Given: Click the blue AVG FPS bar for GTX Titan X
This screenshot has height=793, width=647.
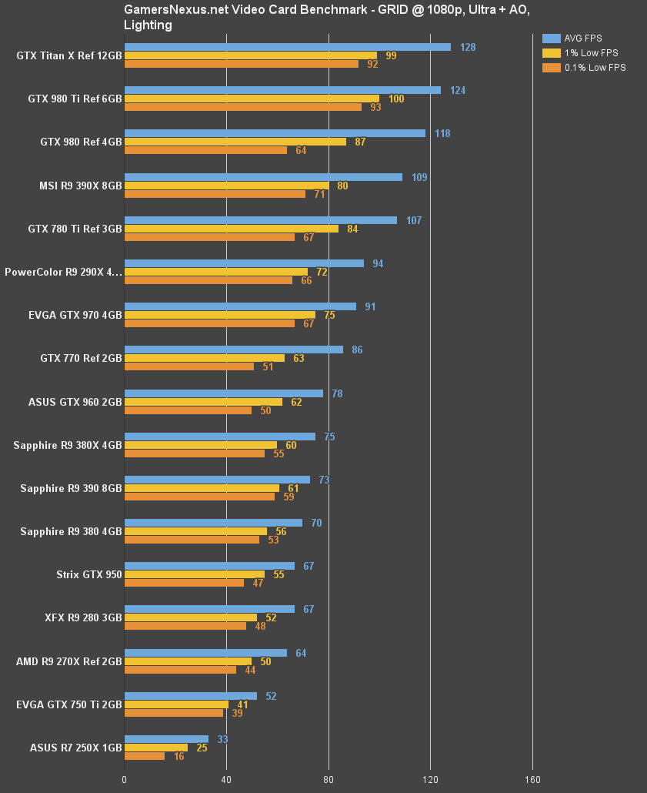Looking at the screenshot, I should (x=287, y=47).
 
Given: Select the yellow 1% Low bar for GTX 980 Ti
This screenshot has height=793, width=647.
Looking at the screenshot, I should (x=252, y=99).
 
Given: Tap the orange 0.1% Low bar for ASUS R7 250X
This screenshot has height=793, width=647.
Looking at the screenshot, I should (x=145, y=756).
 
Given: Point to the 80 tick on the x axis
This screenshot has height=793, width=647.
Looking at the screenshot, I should (x=329, y=778).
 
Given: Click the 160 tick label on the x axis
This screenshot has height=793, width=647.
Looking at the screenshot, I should (x=532, y=778).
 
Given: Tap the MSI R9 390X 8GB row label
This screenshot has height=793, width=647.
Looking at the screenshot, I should (x=80, y=186).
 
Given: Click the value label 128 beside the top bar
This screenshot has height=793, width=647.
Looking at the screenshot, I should (x=468, y=47).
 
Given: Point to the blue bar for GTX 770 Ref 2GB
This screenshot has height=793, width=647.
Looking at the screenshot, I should (x=233, y=350).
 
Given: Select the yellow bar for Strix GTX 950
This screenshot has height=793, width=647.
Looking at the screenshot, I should (x=194, y=574).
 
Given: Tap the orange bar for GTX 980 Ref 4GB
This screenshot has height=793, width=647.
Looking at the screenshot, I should (x=205, y=150).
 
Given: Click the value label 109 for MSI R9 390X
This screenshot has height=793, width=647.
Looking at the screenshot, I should (x=419, y=177).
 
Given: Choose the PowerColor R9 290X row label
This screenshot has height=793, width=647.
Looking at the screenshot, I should (x=63, y=272).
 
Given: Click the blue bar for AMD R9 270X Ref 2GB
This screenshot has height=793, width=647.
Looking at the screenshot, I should (x=205, y=653).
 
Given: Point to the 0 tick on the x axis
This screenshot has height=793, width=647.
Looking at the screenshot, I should (x=125, y=778).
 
